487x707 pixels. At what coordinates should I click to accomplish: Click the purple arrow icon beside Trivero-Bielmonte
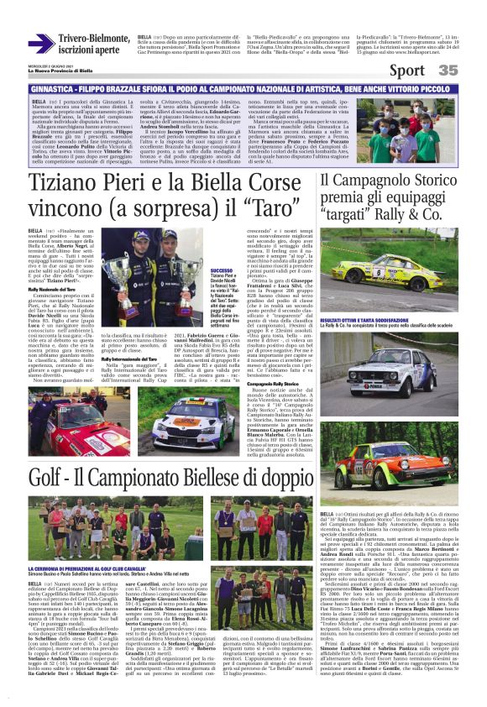[x=41, y=44]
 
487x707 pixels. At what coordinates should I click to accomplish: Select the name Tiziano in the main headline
[x=70, y=184]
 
